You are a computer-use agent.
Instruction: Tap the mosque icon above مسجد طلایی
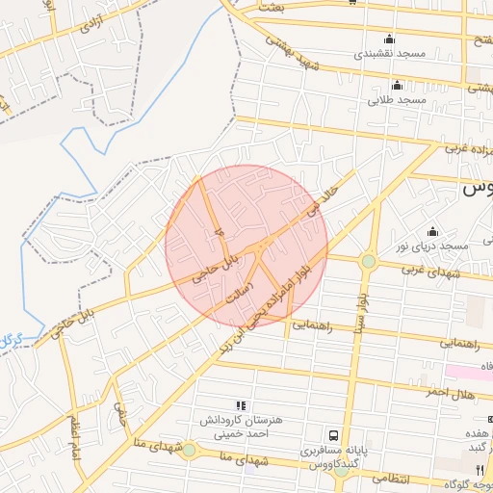click(x=397, y=85)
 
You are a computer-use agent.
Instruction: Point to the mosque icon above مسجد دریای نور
click(x=431, y=231)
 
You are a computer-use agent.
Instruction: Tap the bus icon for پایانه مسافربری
click(x=333, y=435)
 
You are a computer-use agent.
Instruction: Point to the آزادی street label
click(x=91, y=23)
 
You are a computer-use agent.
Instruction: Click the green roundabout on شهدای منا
click(x=189, y=450)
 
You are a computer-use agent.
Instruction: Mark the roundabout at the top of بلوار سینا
click(x=368, y=261)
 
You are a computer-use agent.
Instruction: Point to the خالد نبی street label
click(x=323, y=193)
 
